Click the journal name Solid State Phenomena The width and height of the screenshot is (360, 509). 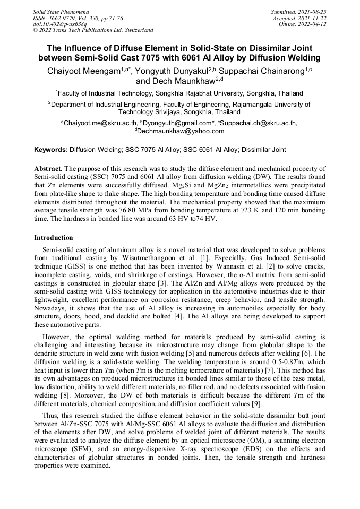[61, 12]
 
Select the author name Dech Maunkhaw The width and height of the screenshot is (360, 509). [181, 81]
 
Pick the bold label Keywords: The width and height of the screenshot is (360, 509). [51, 150]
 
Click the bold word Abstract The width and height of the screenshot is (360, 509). [47, 169]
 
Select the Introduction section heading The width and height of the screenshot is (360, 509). [54, 237]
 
